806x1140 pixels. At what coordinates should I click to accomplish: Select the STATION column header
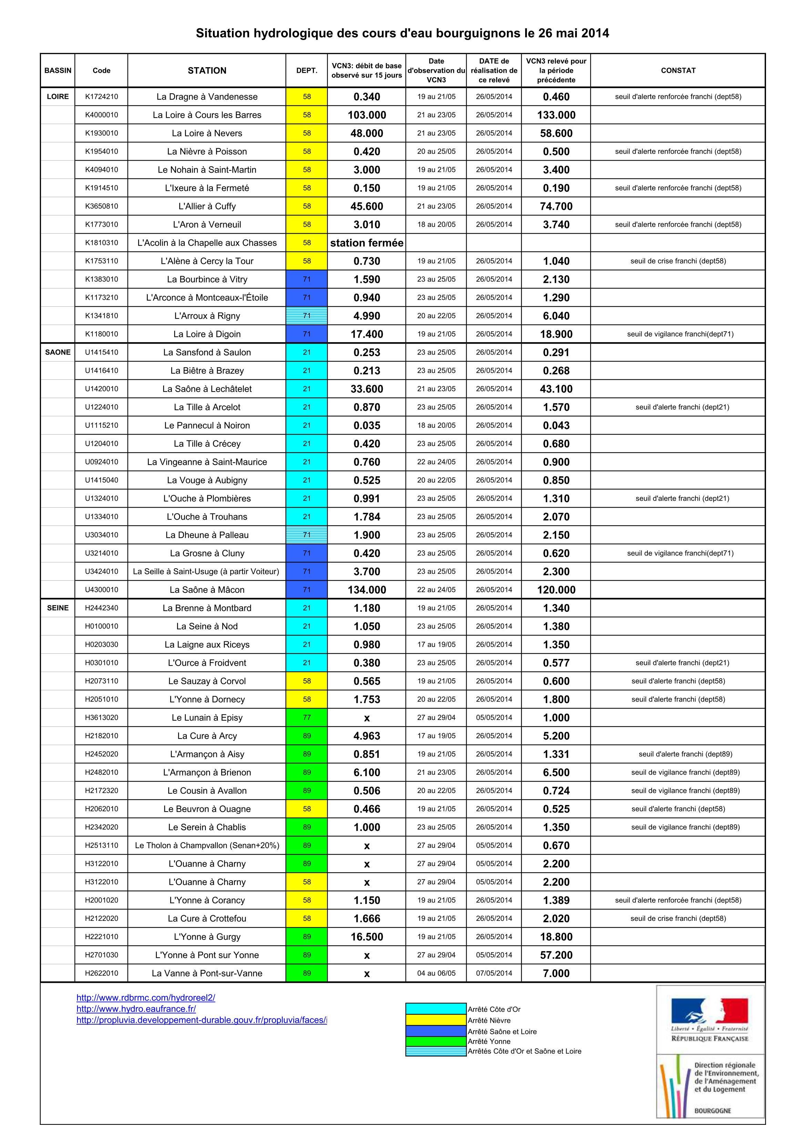pos(207,71)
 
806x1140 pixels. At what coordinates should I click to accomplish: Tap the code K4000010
pos(101,115)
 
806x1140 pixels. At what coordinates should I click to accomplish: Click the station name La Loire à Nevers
pos(207,133)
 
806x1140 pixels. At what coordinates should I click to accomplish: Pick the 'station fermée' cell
pos(367,243)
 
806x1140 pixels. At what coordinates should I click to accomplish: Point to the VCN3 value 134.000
pos(367,590)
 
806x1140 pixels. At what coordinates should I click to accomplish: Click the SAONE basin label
pos(58,352)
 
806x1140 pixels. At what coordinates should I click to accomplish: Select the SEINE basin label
pos(58,608)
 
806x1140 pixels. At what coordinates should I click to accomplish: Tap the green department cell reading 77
pos(306,717)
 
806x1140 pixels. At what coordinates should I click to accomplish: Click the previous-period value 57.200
pos(556,955)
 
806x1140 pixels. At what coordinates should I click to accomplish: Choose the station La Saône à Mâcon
pos(207,590)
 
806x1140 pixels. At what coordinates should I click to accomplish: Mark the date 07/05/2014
pos(494,973)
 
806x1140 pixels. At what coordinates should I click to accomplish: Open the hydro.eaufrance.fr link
pos(136,1009)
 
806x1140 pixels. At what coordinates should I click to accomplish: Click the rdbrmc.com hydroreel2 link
pos(145,997)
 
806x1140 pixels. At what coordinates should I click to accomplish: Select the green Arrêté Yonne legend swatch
pos(436,1041)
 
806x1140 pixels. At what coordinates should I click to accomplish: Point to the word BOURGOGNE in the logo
pos(712,1111)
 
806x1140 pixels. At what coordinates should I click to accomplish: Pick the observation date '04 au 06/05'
pos(436,973)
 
